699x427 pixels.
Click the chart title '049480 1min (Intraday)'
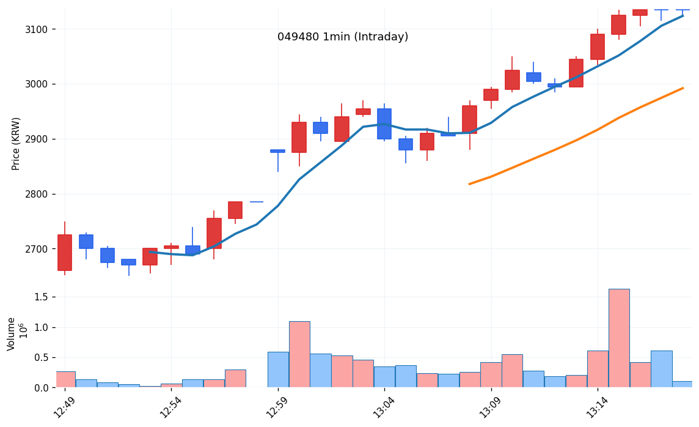click(343, 37)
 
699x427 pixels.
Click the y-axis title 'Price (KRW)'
click(16, 144)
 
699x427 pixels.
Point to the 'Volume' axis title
click(12, 333)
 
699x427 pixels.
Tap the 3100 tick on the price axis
click(41, 29)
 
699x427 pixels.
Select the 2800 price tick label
click(41, 195)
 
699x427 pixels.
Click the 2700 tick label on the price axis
click(41, 249)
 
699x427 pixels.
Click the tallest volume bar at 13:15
click(619, 338)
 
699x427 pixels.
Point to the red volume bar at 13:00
click(299, 354)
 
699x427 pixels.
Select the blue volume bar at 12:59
click(278, 369)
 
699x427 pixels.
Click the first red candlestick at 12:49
click(65, 253)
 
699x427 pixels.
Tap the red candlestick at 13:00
click(299, 137)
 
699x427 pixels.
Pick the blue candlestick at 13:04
click(384, 124)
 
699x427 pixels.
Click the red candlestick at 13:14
click(598, 46)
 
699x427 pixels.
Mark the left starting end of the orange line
click(469, 184)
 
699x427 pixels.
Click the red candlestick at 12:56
click(214, 233)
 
